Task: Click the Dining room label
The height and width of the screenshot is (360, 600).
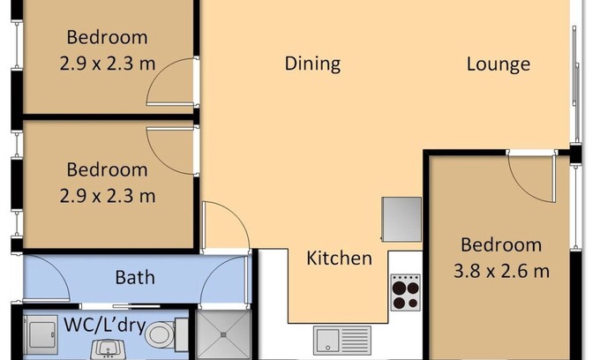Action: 312,64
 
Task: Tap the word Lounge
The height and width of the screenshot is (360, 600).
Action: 499,64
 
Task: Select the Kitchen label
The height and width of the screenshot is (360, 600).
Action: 339,258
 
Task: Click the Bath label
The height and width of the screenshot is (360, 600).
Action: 135,277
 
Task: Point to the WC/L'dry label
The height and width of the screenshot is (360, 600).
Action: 105,326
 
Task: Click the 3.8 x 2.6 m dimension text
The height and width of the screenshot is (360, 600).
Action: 501,271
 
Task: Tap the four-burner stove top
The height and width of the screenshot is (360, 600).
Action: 406,292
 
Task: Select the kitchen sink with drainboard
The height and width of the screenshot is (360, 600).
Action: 342,340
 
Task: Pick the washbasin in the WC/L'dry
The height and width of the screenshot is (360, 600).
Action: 108,349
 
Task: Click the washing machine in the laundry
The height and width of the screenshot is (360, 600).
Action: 40,335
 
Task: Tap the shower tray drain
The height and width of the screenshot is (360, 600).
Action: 223,334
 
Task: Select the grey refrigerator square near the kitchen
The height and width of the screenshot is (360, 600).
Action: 401,219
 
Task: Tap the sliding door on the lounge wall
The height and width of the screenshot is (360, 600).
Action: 575,65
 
